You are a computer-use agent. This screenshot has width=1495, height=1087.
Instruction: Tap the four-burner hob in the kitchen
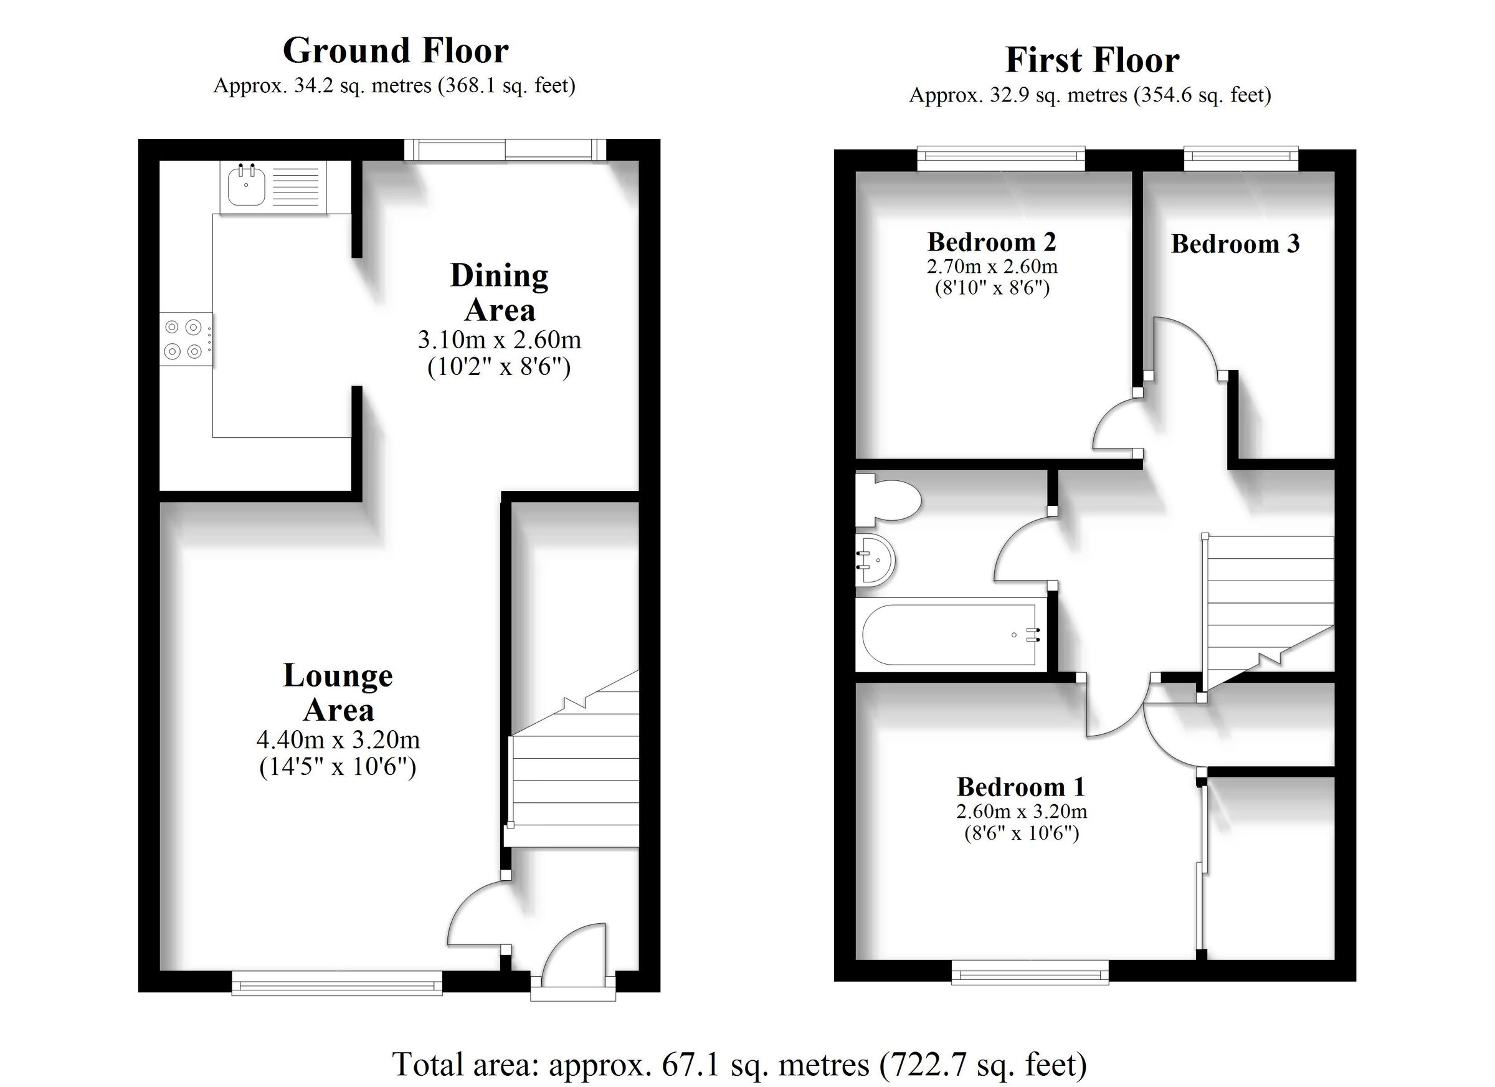click(184, 339)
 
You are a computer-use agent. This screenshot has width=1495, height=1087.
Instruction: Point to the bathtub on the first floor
click(949, 635)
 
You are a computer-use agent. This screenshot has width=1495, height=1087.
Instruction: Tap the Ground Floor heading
click(396, 50)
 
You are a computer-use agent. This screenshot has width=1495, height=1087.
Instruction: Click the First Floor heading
click(1091, 60)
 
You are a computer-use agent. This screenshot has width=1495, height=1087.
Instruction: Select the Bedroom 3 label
click(1235, 244)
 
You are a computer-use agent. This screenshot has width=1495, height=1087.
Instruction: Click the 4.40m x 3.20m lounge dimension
click(338, 739)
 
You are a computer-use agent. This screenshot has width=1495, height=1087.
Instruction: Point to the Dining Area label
click(499, 293)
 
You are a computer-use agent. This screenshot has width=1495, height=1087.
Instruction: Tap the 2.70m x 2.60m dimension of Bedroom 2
click(992, 267)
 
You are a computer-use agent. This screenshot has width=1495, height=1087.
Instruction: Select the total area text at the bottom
click(739, 1064)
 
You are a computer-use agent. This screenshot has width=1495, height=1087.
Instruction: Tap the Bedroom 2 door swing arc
click(1115, 427)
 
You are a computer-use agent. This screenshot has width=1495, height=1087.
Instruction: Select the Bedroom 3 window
click(1241, 156)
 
